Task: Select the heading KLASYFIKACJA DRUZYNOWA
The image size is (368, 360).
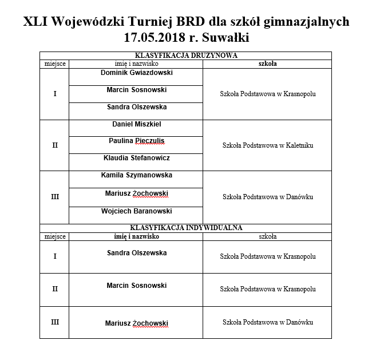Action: pos(185,56)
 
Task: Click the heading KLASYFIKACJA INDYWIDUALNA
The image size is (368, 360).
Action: pos(185,228)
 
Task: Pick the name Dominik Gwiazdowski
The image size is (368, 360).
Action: pos(136,73)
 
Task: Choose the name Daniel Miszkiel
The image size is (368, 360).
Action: pos(136,124)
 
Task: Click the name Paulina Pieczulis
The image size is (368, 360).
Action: pos(136,141)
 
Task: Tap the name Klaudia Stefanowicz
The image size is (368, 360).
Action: pos(136,158)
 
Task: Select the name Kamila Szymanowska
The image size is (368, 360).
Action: pos(136,175)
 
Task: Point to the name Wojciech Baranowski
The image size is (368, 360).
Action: pos(136,211)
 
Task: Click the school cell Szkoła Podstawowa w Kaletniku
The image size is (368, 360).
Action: pos(267,145)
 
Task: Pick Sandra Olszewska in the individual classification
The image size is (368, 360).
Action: pos(136,252)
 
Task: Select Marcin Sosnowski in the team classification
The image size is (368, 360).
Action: pos(136,90)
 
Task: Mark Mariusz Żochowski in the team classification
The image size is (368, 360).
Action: pos(136,193)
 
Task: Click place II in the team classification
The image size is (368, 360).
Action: pos(55,145)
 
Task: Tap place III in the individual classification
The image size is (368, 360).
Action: pos(55,322)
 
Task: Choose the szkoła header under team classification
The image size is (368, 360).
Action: pos(267,64)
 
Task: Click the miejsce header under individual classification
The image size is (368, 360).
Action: pos(55,236)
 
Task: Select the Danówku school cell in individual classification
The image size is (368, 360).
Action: pos(267,322)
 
